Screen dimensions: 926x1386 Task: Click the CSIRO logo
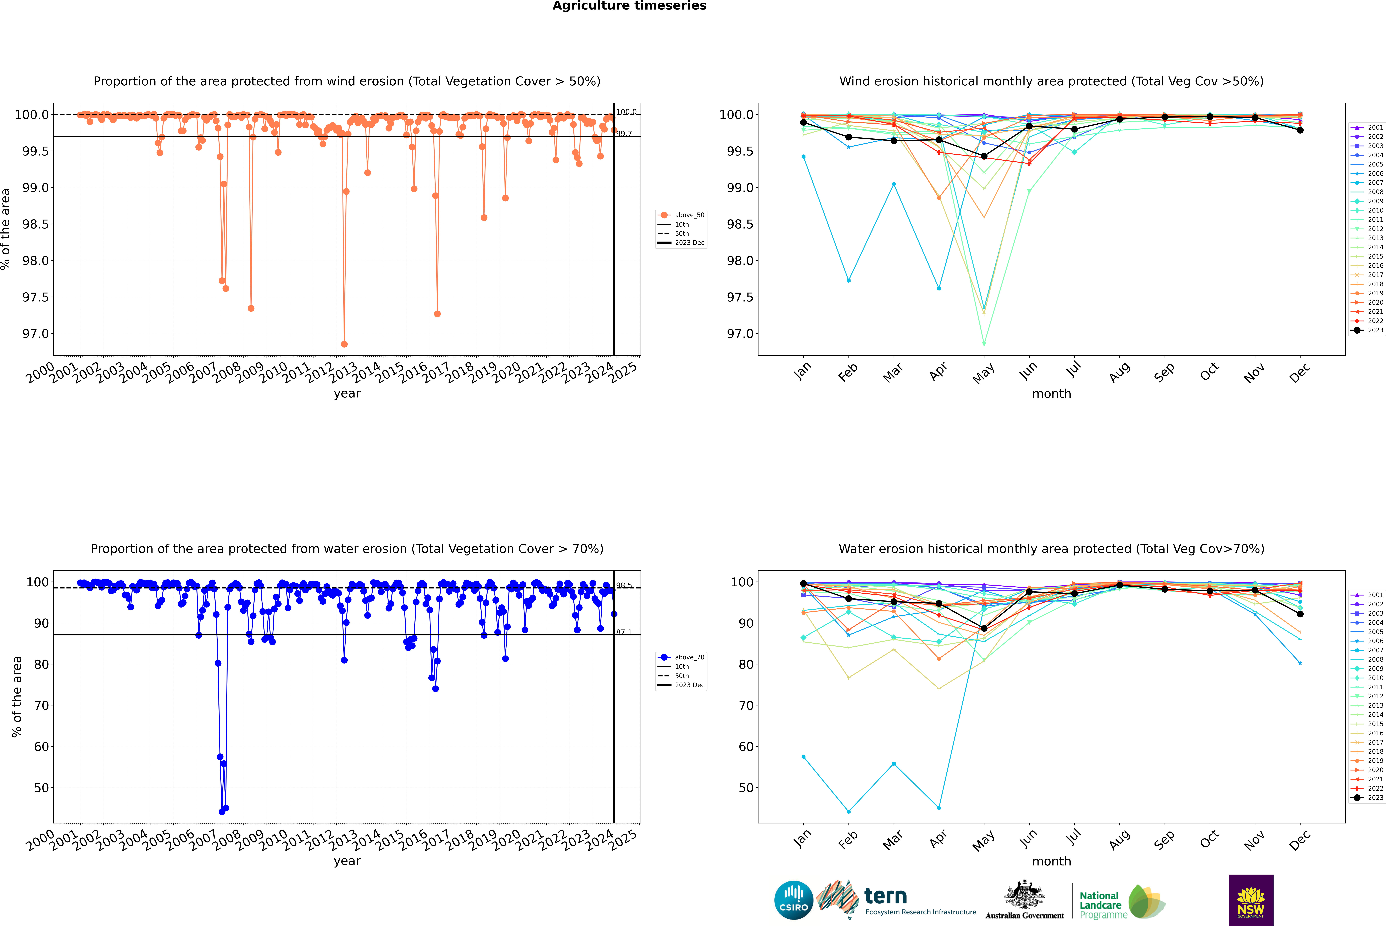pyautogui.click(x=794, y=900)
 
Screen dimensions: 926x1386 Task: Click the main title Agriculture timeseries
pyautogui.click(x=629, y=6)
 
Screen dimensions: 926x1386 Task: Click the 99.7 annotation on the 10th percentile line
pyautogui.click(x=624, y=134)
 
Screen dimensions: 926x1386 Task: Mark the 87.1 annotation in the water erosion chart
pyautogui.click(x=624, y=632)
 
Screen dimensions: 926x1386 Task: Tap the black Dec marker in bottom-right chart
pyautogui.click(x=1300, y=614)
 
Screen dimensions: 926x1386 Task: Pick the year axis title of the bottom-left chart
pyautogui.click(x=347, y=861)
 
